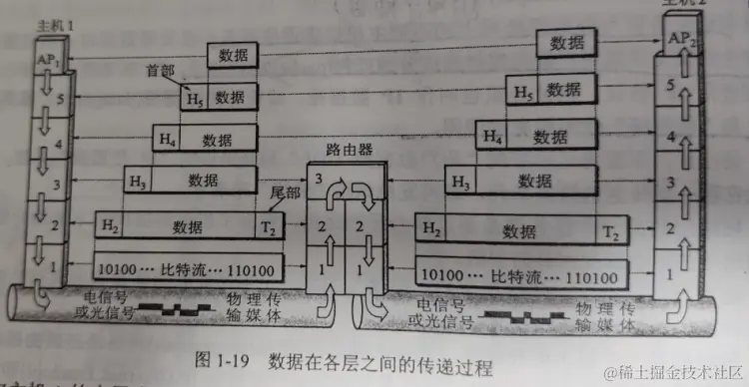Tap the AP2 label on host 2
(x=681, y=39)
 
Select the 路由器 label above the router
(x=350, y=150)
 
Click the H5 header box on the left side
(x=193, y=98)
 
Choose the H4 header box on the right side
(x=490, y=134)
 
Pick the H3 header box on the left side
(x=138, y=181)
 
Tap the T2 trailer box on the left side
(x=271, y=225)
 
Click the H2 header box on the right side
(x=430, y=230)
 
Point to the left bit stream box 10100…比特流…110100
(x=188, y=267)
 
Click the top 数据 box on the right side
(x=566, y=42)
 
